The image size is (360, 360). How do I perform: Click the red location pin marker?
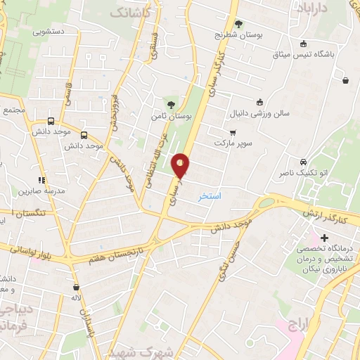pos(181,166)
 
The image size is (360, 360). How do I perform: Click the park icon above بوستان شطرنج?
pos(238,23)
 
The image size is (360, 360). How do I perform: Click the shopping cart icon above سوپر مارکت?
pos(232,132)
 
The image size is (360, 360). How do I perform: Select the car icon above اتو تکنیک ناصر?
pos(302,161)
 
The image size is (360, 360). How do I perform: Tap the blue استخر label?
pos(210,195)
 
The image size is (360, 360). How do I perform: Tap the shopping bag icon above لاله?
pos(76,288)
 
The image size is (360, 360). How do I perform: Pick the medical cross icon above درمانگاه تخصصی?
pos(324,239)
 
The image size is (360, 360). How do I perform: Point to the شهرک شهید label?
pos(131,352)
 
